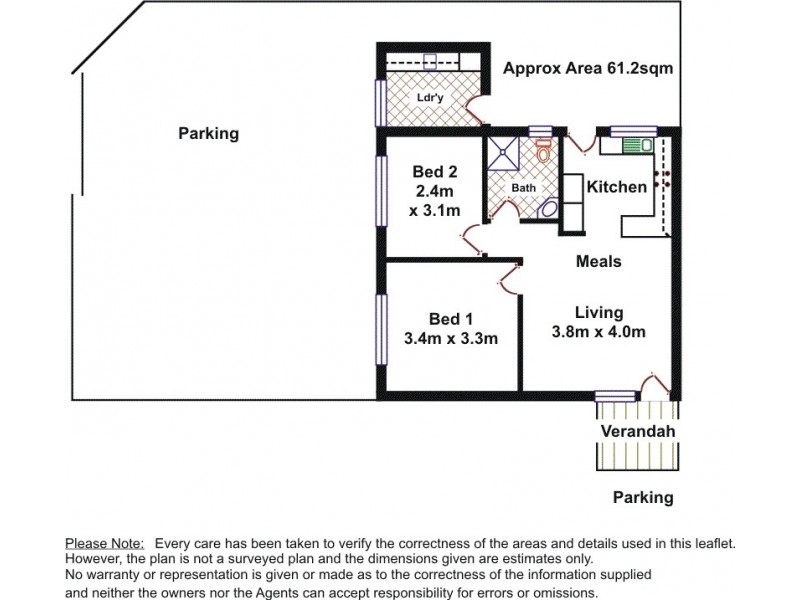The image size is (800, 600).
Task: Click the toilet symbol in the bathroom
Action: pyautogui.click(x=544, y=153)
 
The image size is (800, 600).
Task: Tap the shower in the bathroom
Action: pyautogui.click(x=505, y=154)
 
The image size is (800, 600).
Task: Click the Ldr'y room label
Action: pyautogui.click(x=430, y=97)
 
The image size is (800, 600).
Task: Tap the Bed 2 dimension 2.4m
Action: pyautogui.click(x=434, y=190)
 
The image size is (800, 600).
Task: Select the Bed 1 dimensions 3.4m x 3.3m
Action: pyautogui.click(x=450, y=338)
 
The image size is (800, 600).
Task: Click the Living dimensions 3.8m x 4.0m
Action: pyautogui.click(x=599, y=332)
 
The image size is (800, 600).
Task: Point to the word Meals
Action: pyautogui.click(x=599, y=261)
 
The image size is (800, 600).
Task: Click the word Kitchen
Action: pyautogui.click(x=616, y=187)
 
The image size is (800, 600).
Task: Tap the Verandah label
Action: pyautogui.click(x=638, y=431)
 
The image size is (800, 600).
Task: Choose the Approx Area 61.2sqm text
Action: pyautogui.click(x=587, y=69)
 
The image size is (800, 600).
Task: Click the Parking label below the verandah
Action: pyautogui.click(x=642, y=497)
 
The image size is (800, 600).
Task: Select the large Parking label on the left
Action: pyautogui.click(x=209, y=133)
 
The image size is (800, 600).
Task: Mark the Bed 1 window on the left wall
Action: pyautogui.click(x=380, y=331)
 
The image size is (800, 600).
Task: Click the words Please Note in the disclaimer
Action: pyautogui.click(x=105, y=542)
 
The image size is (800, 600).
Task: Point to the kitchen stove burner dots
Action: pyautogui.click(x=661, y=179)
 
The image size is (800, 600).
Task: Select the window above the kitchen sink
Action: pyautogui.click(x=634, y=129)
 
